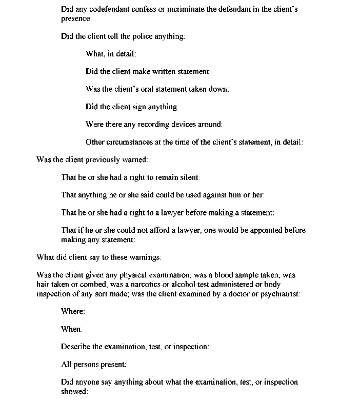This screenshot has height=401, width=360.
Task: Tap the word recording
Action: coord(148,125)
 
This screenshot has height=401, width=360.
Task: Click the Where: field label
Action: coord(73,312)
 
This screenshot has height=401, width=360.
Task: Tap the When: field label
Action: coord(72,329)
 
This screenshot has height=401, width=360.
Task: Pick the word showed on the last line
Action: coord(74,391)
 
